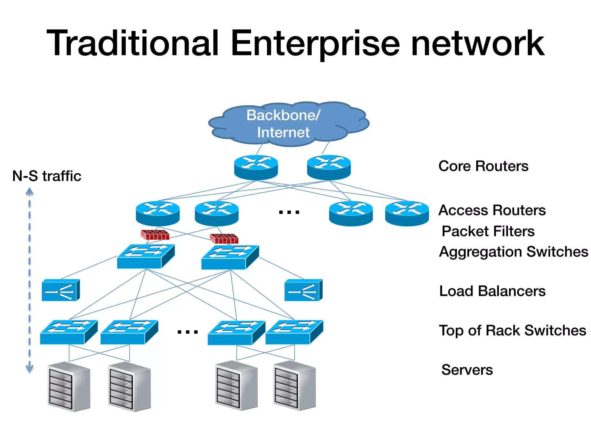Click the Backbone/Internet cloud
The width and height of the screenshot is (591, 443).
point(289,124)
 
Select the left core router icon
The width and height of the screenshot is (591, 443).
point(256,167)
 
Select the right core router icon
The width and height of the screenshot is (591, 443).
point(329,167)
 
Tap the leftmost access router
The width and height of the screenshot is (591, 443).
point(158,213)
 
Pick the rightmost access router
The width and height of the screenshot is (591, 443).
point(407,213)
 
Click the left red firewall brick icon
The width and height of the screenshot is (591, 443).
point(155,235)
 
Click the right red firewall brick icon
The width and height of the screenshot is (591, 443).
point(224,239)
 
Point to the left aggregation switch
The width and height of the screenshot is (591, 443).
point(146,256)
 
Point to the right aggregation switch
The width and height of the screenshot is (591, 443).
point(230,257)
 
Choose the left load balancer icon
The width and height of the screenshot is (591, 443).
point(61,290)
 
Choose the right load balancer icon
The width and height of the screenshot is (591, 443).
point(303,290)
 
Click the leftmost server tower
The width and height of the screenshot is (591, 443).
point(69,386)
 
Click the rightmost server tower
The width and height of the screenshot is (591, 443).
point(294,385)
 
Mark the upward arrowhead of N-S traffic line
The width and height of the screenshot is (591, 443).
point(29,191)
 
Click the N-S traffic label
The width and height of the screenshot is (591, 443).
point(47,176)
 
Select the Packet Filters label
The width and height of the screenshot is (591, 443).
point(488,231)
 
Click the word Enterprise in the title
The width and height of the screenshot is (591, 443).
point(315,43)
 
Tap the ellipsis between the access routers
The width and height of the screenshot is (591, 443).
point(289,213)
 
